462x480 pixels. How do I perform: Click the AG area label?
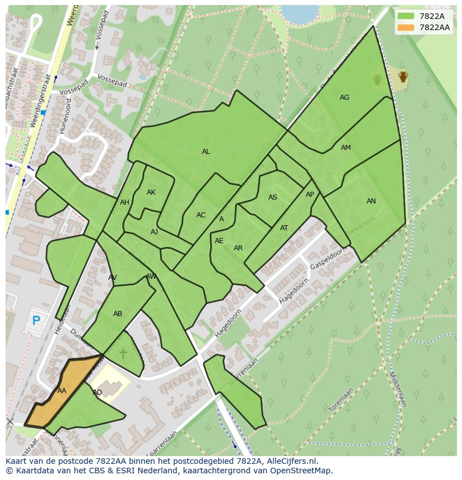pos(344,98)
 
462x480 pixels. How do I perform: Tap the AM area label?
pos(346,148)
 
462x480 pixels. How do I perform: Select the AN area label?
pos(371,201)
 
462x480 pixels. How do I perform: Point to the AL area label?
pos(206,152)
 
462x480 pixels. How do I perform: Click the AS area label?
pos(273,197)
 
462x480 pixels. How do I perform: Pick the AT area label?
pos(284,228)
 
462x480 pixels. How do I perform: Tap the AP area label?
pos(310,195)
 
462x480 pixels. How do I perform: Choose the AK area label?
pos(151,192)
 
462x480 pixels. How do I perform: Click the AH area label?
pos(124,202)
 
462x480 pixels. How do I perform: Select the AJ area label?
pos(155,232)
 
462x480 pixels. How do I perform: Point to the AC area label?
pos(201,215)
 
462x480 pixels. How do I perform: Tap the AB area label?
pos(118,314)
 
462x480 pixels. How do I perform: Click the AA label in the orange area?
pos(62,391)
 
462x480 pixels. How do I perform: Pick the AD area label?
pos(97,392)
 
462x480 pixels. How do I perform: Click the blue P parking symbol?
pos(36,321)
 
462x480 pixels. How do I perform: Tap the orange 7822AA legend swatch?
pos(406,27)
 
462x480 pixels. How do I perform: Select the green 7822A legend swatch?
pos(406,16)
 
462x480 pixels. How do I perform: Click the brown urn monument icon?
pos(403,76)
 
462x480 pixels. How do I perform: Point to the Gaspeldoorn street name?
pos(328,258)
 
